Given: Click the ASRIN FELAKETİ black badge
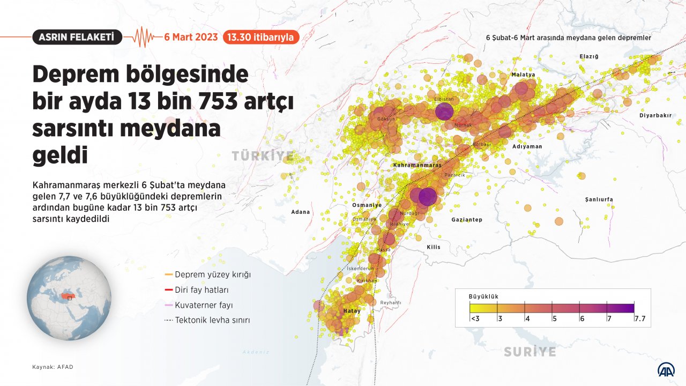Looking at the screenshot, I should [x=77, y=37].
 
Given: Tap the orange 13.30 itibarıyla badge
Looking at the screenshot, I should [x=260, y=37].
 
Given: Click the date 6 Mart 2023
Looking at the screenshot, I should [x=191, y=37].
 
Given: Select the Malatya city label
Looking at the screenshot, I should [x=523, y=75].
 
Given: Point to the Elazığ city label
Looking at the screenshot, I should [x=588, y=56].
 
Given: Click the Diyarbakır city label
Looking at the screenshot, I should [x=655, y=115].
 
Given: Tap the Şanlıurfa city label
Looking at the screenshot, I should [x=599, y=199].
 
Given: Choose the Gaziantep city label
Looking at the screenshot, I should [x=467, y=220].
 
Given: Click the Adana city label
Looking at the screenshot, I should [x=300, y=212].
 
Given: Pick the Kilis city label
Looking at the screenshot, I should [x=433, y=247].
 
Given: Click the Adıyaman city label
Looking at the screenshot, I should [x=527, y=146].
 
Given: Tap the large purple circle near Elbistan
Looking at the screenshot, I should [x=444, y=112].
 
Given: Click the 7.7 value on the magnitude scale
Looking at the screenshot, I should [x=639, y=318].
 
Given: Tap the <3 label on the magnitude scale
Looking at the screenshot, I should [x=474, y=318].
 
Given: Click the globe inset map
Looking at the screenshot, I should [x=69, y=298].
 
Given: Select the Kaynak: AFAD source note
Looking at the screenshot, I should [x=53, y=367].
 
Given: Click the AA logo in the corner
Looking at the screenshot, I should [x=666, y=369].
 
